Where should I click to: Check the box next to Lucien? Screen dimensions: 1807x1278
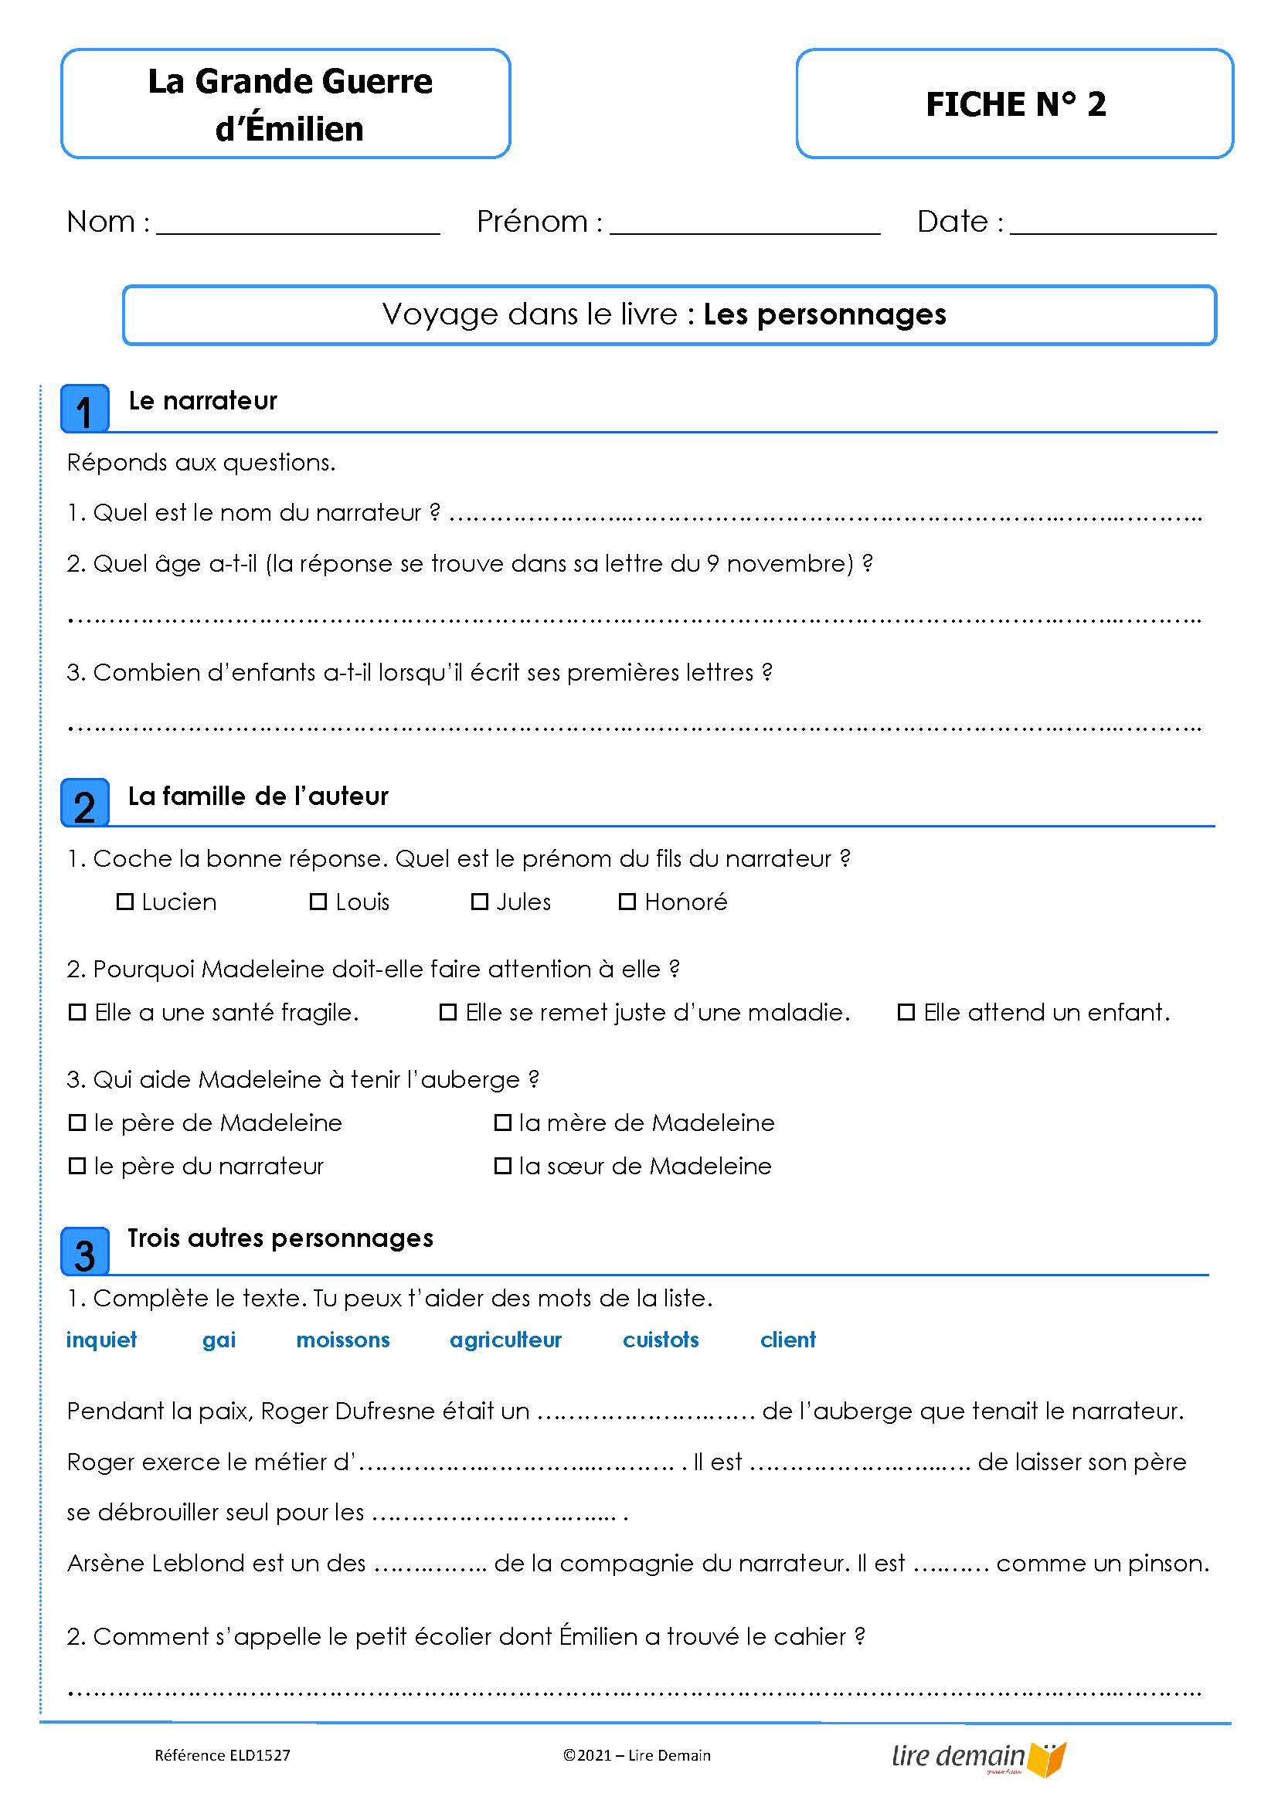124,902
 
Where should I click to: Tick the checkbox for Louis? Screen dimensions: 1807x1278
318,902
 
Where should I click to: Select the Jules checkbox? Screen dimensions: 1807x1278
479,902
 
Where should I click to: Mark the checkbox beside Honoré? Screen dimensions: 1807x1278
627,902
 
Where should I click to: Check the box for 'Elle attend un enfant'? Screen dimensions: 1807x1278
906,1013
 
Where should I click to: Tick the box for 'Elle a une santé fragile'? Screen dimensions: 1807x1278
77,1013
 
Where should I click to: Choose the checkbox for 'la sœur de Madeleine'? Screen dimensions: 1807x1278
502,1167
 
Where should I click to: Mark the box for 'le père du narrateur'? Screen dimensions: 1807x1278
77,1167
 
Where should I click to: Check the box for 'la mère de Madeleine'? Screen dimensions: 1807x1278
502,1123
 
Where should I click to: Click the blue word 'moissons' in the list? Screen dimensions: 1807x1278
342,1340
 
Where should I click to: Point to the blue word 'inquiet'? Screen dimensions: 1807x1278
101,1340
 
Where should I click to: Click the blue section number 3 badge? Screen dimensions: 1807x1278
85,1252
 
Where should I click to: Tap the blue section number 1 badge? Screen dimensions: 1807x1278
85,409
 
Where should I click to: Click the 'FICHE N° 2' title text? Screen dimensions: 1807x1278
1015,104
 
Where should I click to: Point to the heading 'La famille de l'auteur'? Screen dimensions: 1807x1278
258,797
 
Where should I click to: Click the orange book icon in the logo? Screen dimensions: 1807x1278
1049,1760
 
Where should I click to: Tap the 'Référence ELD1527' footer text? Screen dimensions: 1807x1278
222,1755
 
